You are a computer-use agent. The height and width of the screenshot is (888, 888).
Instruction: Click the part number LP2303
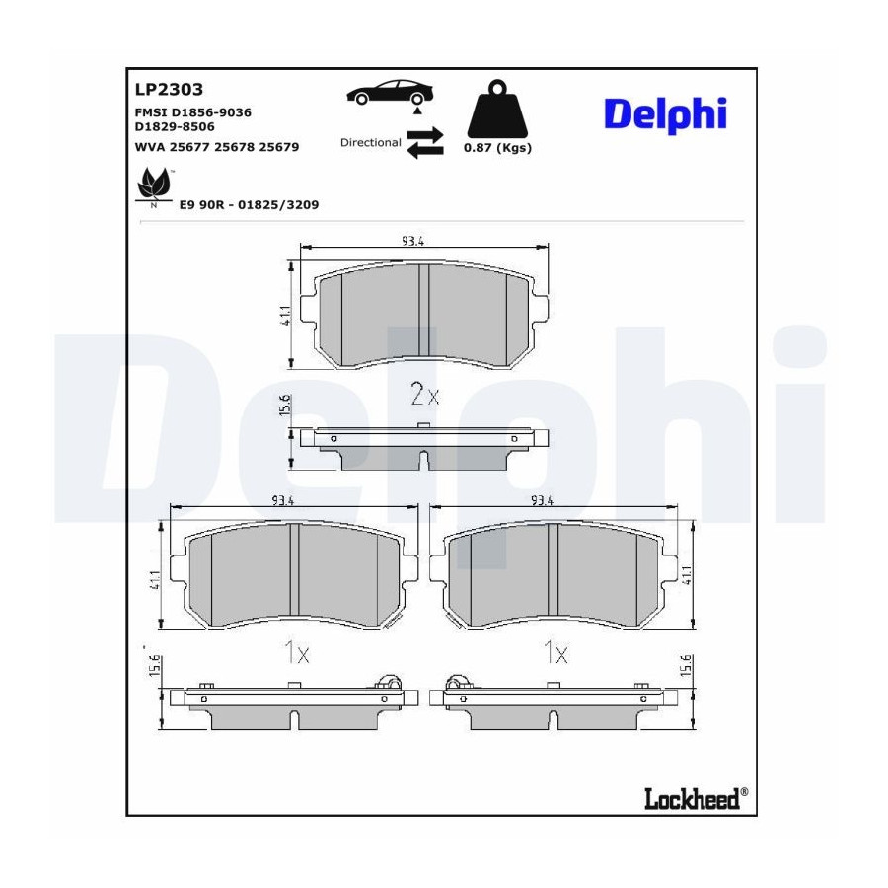click(x=169, y=89)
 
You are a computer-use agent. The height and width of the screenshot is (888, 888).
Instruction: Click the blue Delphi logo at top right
click(x=665, y=115)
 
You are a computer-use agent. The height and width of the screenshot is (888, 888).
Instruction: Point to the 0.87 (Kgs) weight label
click(x=497, y=148)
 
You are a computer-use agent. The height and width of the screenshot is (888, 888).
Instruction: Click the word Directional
click(x=370, y=143)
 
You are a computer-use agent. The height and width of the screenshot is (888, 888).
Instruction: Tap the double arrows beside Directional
click(x=425, y=143)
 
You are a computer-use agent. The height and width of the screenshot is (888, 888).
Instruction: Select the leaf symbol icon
click(x=154, y=185)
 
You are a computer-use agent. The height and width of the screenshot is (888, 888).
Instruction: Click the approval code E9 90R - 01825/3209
click(x=250, y=204)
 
